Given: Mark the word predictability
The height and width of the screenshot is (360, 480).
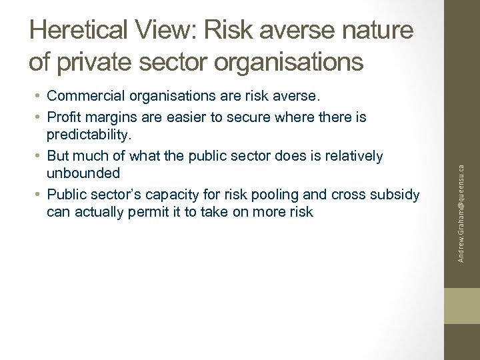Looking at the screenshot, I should (x=87, y=135).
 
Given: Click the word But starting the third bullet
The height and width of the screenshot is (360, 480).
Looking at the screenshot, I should (x=58, y=156).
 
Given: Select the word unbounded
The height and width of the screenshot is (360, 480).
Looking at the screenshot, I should (x=83, y=174).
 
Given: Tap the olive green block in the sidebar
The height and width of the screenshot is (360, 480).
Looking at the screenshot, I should (x=462, y=306).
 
